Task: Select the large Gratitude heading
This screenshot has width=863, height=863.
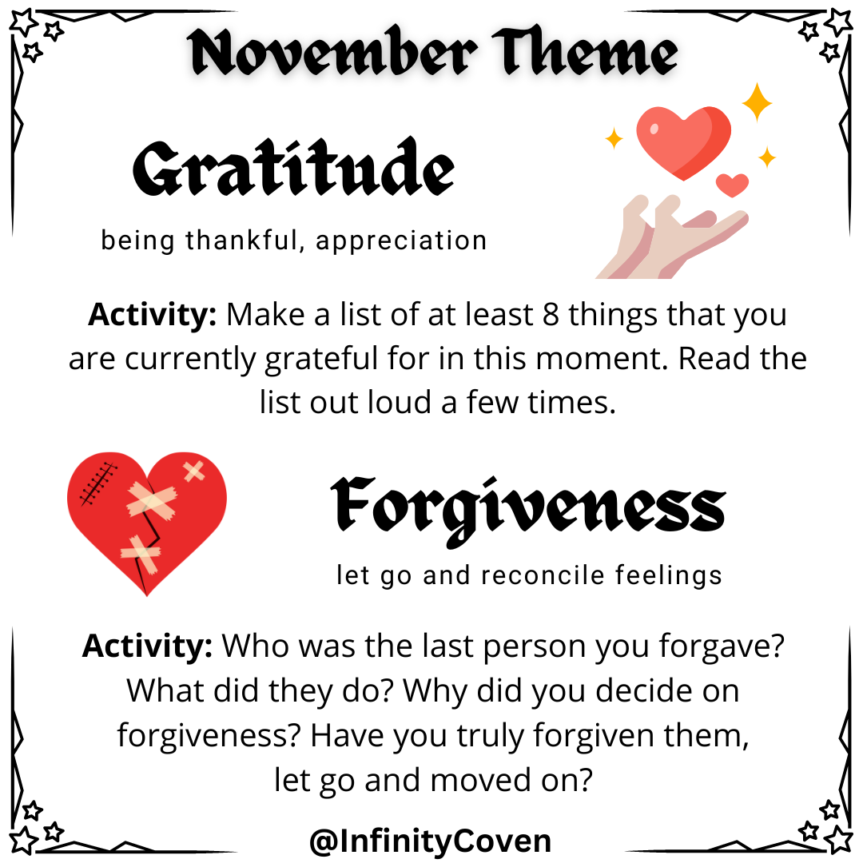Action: pyautogui.click(x=294, y=170)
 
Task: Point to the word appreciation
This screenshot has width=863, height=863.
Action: pyautogui.click(x=401, y=241)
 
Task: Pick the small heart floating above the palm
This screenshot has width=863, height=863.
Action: pyautogui.click(x=732, y=185)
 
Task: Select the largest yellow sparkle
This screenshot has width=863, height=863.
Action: pyautogui.click(x=756, y=101)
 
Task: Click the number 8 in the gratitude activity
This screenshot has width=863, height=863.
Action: pyautogui.click(x=550, y=315)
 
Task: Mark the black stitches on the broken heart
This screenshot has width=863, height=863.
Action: pyautogui.click(x=96, y=482)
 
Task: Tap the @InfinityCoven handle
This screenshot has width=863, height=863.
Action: pyautogui.click(x=430, y=841)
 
